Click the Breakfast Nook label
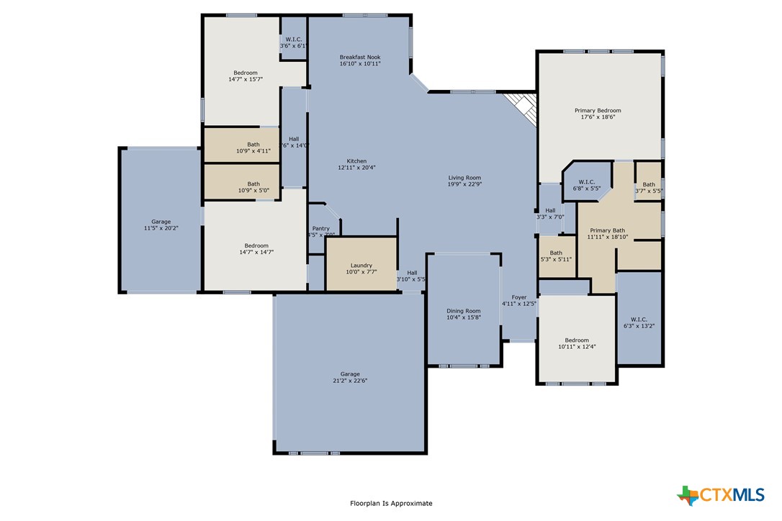click(x=360, y=57)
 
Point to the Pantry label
click(x=320, y=229)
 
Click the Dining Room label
click(x=463, y=311)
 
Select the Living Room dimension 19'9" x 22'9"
click(x=464, y=184)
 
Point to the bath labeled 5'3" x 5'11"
click(x=556, y=256)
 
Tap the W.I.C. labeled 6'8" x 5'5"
click(x=587, y=184)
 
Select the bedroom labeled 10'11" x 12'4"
click(x=577, y=343)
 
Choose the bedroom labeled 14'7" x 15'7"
click(x=245, y=76)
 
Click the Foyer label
click(x=519, y=297)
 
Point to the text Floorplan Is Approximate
click(x=391, y=504)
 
